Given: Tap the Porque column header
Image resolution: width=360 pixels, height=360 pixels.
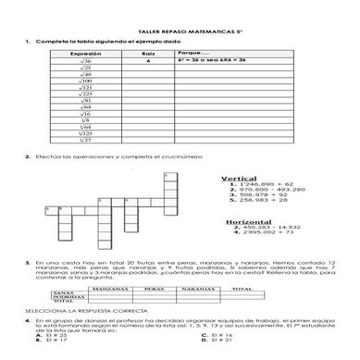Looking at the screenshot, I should click(190, 54).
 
